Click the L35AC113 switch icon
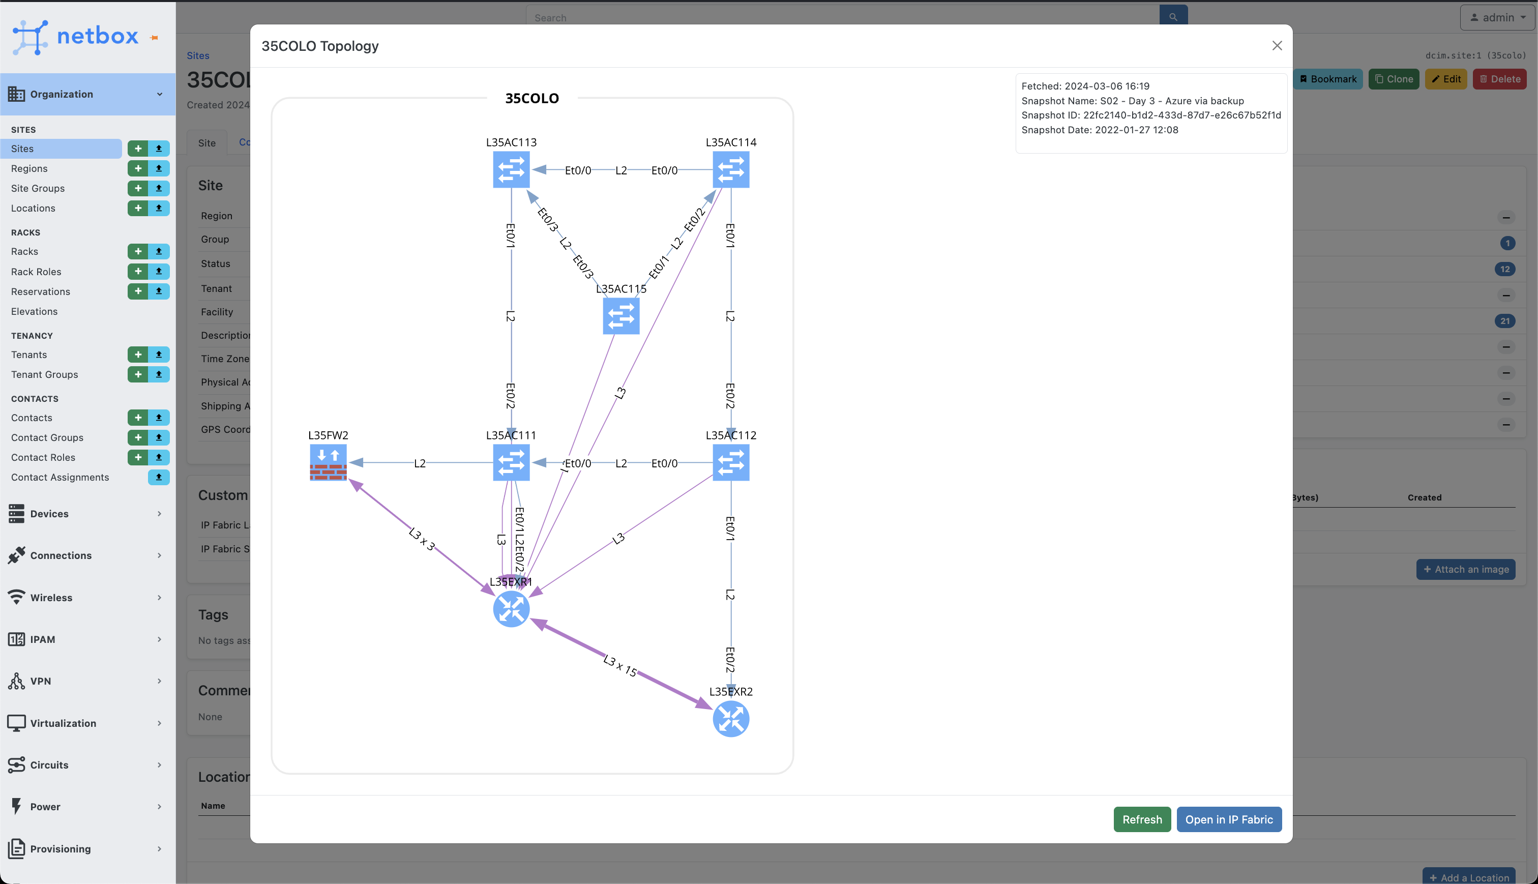511,169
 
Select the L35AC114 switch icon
731,169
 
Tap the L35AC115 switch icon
621,316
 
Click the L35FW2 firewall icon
329,463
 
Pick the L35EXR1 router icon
511,609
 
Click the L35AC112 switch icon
731,463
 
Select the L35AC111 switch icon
511,463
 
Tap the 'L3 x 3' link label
422,539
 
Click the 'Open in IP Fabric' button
1229,819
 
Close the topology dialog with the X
1277,46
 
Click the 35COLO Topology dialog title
320,46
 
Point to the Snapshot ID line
1151,115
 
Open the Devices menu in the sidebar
50,514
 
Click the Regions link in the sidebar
29,168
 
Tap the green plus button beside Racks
138,251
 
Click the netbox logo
76,37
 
